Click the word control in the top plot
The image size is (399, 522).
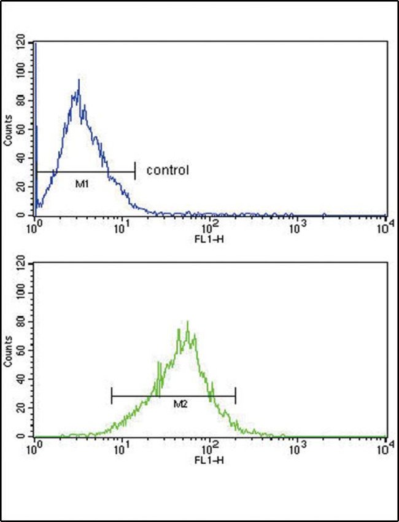point(166,170)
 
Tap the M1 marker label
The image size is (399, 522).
point(80,183)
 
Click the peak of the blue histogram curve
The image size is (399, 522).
point(79,80)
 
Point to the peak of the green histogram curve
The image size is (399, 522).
point(187,321)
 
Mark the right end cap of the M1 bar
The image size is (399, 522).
point(134,172)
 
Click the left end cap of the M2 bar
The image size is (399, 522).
point(112,396)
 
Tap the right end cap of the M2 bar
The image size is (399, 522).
point(235,396)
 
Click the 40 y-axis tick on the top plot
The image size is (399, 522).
point(23,158)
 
